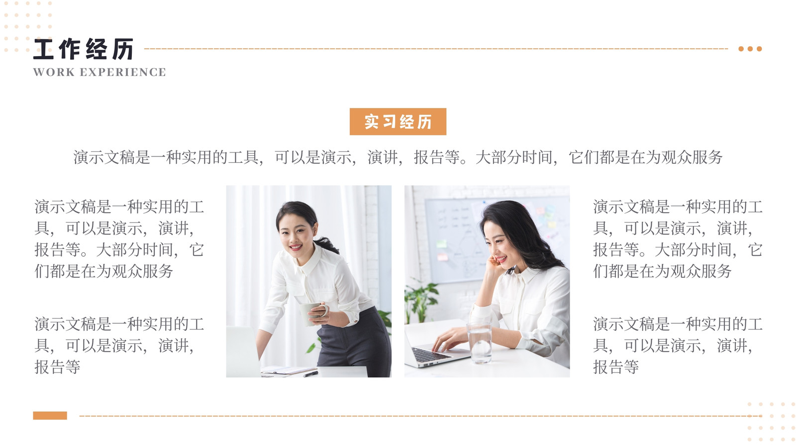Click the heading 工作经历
pos(84,49)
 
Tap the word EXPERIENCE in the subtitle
pos(123,72)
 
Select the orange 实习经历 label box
pos(398,122)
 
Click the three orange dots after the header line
pos(750,49)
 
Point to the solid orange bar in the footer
pos(50,415)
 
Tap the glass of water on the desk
pos(480,342)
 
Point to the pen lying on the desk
pos(310,373)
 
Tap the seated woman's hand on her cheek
pos(495,264)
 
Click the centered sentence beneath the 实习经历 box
pos(398,157)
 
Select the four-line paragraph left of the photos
pos(119,239)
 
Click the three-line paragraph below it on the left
pos(119,345)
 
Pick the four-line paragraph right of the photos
pos(678,239)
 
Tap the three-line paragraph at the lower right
pos(678,345)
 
